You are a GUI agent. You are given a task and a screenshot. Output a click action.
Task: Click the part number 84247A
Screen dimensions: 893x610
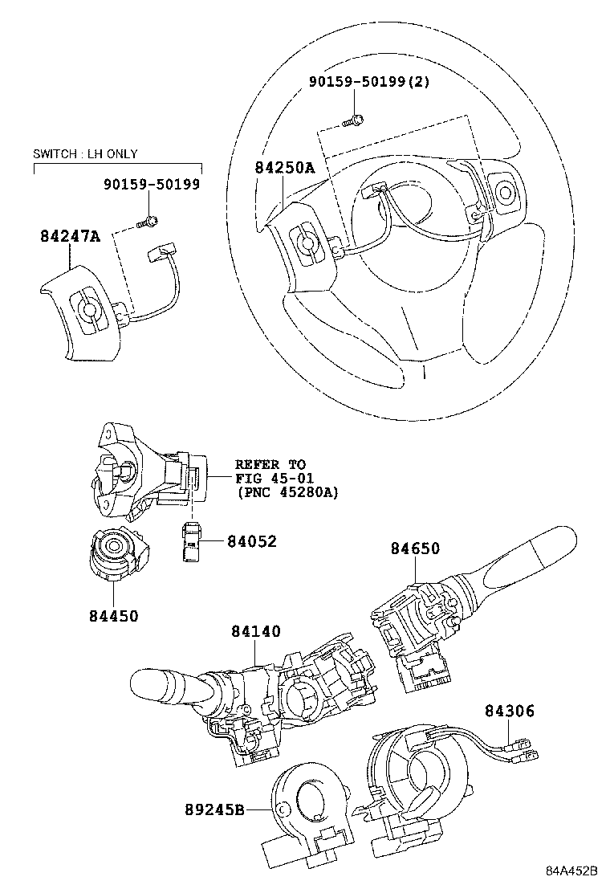coord(71,236)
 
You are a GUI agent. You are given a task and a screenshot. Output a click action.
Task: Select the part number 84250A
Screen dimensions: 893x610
coord(285,168)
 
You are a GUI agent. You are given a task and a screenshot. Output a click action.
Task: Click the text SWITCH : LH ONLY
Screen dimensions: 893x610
coord(85,153)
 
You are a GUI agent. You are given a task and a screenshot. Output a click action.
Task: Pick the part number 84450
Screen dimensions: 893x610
coord(113,616)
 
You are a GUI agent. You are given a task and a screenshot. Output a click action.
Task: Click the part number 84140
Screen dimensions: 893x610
coord(255,632)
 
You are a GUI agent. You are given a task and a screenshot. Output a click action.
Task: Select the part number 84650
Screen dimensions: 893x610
coord(415,548)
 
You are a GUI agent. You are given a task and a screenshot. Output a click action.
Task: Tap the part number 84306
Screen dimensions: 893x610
coord(509,711)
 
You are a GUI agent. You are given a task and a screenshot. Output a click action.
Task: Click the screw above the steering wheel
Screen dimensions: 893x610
coord(354,121)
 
